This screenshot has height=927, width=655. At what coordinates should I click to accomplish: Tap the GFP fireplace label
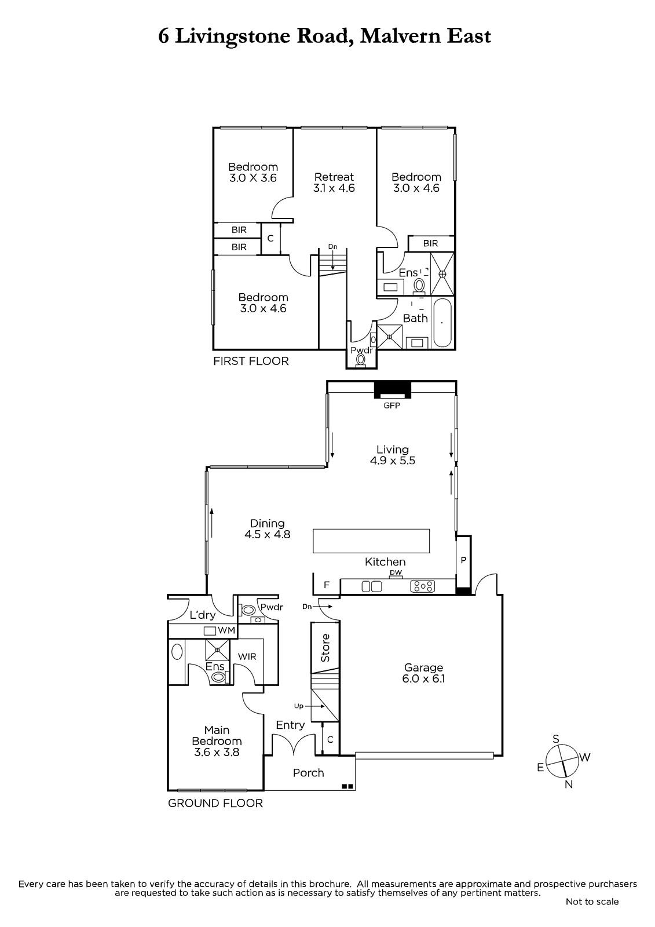pos(391,406)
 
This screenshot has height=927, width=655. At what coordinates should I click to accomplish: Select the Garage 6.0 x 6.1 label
pos(423,673)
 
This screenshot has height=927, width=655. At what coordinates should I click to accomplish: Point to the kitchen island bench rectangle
pos(371,541)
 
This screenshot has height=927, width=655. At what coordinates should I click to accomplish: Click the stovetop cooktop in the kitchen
pos(422,586)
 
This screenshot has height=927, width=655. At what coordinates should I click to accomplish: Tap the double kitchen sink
pos(372,586)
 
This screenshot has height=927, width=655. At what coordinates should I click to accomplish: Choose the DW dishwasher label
pos(396,573)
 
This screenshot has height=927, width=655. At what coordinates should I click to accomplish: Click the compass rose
pos(562,761)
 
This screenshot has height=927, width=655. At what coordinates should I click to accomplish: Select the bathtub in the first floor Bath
pos(442,323)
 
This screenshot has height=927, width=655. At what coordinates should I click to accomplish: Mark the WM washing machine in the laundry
pos(210,631)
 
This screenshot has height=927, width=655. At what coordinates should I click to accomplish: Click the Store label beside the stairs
pos(325,648)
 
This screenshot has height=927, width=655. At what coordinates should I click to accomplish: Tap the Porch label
pos(308,773)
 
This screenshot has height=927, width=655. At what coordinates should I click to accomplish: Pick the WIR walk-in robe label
pos(247,656)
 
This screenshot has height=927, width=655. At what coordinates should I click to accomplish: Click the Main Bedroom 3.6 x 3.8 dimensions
pos(217,752)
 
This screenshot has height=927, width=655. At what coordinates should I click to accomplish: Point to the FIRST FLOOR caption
pos(251,362)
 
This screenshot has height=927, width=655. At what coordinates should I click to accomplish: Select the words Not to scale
pos(592,902)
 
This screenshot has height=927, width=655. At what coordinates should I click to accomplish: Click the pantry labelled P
pos(463,560)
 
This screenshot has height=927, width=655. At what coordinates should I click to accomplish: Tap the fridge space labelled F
pos(327,585)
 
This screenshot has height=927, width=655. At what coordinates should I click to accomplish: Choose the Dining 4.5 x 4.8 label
pos(268,529)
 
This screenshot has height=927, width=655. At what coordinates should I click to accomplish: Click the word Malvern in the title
pos(400,37)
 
